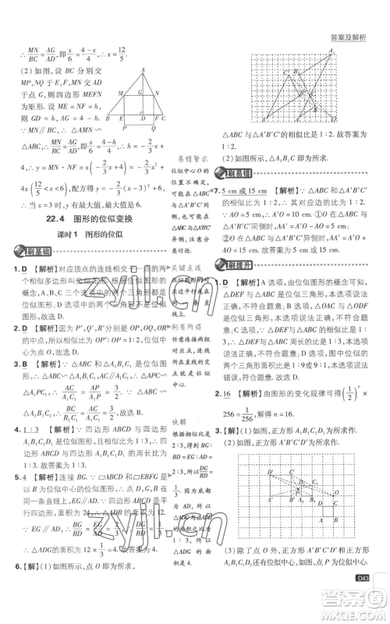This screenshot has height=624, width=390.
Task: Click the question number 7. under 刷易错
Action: [x=216, y=190]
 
